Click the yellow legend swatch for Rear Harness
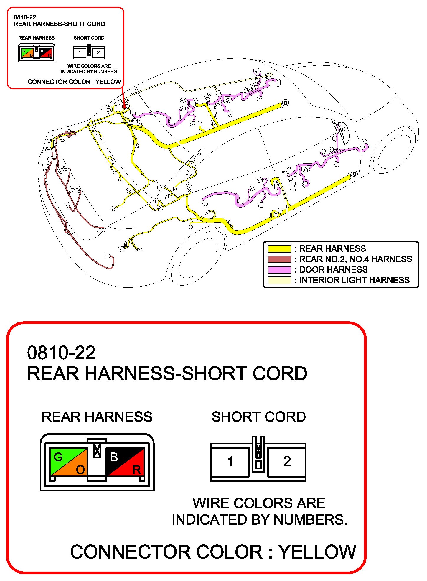pos(279,248)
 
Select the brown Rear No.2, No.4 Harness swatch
pos(279,259)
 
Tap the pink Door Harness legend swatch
pos(279,270)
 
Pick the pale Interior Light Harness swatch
pos(279,280)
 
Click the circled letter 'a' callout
pos(285,103)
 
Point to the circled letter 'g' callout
pos(354,174)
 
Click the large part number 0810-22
pos(61,353)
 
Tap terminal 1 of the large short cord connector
pos(230,462)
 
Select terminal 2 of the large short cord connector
pos(287,462)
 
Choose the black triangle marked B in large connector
pos(118,457)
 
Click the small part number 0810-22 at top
pos(25,17)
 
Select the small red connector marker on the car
pos(124,107)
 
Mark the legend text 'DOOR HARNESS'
pos(333,270)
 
